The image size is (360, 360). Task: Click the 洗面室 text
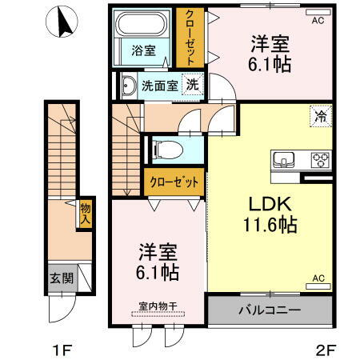click(x=159, y=84)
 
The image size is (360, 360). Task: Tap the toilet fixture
click(x=166, y=148)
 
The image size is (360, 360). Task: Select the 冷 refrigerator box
click(x=319, y=116)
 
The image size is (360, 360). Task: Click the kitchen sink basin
click(x=284, y=158)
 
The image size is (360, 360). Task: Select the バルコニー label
click(x=269, y=309)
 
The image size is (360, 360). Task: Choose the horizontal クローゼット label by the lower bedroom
click(x=174, y=182)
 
